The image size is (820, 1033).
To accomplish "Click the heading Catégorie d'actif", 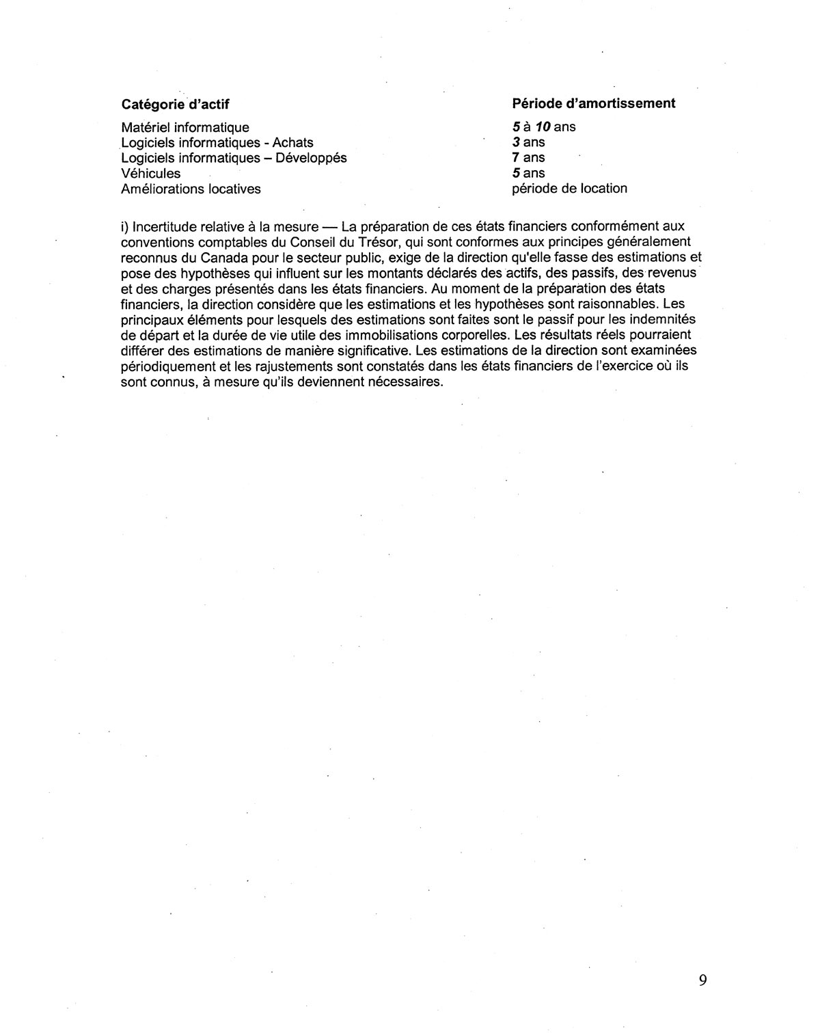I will tap(175, 105).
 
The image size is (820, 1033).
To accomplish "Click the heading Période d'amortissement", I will tap(593, 103).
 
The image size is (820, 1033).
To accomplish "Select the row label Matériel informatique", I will tap(184, 127).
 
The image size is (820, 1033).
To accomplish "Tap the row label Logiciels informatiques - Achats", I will tap(217, 143).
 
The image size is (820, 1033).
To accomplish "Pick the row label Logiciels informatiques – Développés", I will tap(234, 158).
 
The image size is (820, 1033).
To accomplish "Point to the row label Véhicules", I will tap(150, 174).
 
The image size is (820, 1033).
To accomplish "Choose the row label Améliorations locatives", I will tap(191, 189).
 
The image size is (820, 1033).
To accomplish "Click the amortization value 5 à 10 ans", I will tap(543, 126).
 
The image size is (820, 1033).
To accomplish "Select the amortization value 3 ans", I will tap(528, 142).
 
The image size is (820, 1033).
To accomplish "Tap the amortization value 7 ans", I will tap(528, 158).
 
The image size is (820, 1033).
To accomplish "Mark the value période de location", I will tap(569, 189).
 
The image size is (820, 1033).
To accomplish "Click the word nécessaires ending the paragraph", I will tap(406, 382).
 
